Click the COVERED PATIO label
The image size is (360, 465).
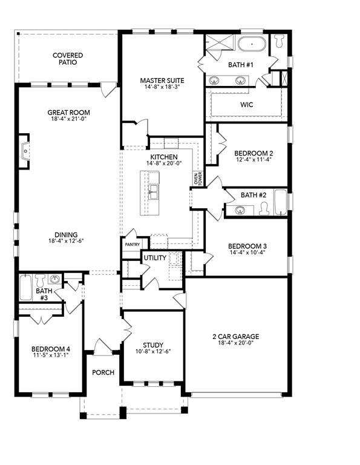click(x=68, y=59)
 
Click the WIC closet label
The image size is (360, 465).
click(x=246, y=105)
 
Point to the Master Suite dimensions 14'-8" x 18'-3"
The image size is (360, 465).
click(x=162, y=87)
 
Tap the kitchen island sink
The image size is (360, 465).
click(x=154, y=192)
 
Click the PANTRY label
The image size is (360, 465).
click(x=133, y=245)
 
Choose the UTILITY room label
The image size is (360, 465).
click(x=154, y=258)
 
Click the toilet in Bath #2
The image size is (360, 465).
click(x=263, y=209)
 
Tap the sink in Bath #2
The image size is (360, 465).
click(x=240, y=211)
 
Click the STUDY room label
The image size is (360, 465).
click(x=153, y=345)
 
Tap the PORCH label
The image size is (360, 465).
click(x=103, y=372)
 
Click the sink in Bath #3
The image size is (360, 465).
click(x=55, y=280)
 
